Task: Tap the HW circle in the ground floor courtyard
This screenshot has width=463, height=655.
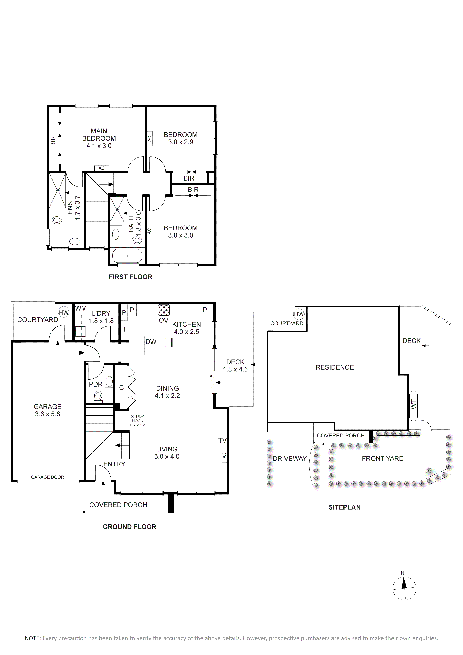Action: click(64, 312)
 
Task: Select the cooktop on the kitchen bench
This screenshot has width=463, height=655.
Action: click(164, 310)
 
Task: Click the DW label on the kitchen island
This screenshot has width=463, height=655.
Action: click(151, 342)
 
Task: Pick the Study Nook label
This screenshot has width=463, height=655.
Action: click(138, 421)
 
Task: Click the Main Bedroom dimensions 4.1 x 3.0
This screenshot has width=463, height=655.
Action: click(99, 146)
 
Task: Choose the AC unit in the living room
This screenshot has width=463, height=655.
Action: click(224, 455)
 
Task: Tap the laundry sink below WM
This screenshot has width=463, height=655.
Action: click(80, 332)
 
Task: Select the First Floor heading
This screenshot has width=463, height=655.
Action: click(131, 277)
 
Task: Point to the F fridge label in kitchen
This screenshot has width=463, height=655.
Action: click(125, 329)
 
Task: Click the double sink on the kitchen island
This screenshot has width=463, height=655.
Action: click(172, 342)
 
